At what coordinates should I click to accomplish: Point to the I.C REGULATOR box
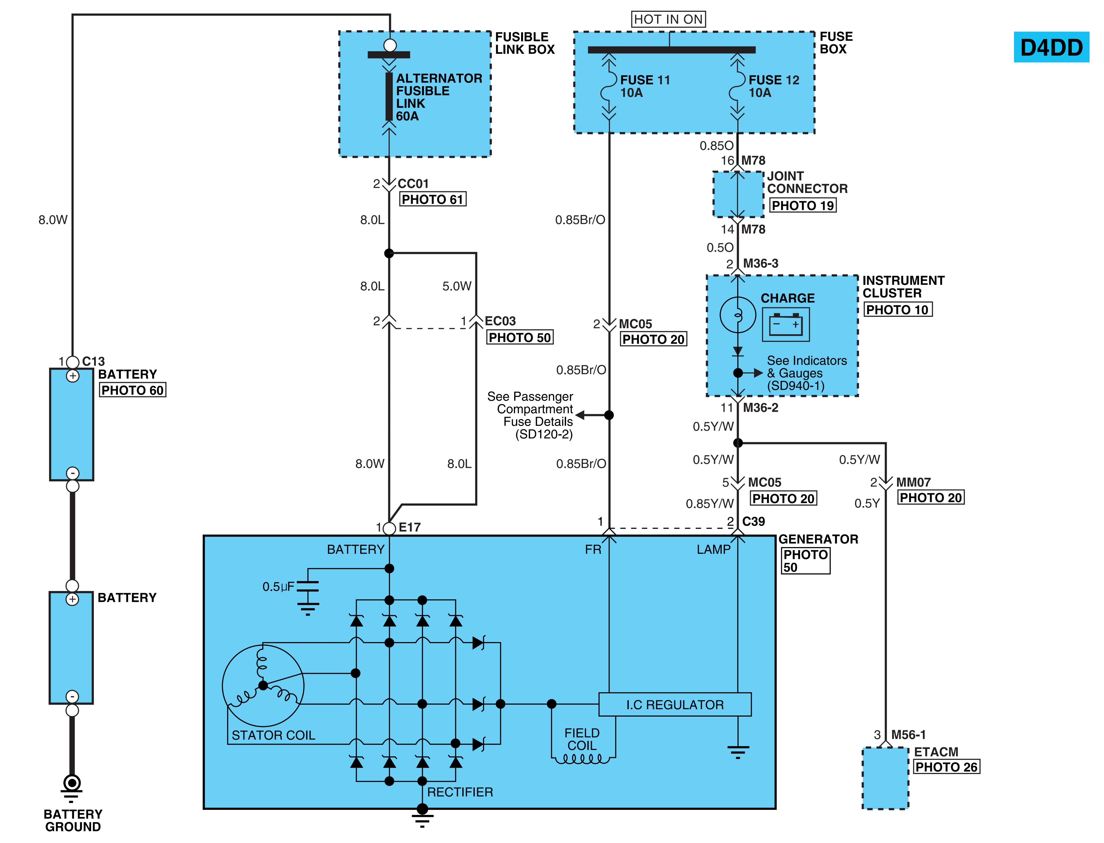tap(675, 704)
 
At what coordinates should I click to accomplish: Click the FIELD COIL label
tap(582, 739)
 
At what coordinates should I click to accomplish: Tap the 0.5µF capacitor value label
tap(278, 587)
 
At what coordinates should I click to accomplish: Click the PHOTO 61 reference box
tap(432, 199)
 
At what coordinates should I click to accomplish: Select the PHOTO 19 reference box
tap(803, 205)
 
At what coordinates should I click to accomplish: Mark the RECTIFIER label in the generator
tap(460, 792)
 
